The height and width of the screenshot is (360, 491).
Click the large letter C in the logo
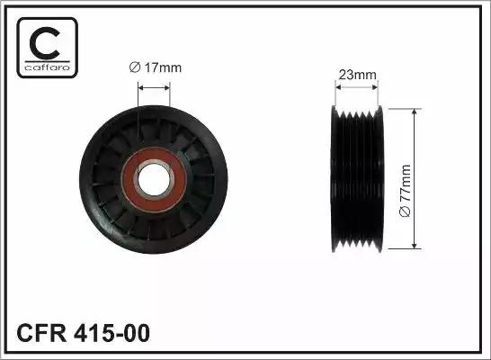pos(43,43)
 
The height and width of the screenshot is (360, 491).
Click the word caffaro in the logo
pos(48,67)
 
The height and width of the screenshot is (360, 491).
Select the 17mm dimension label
pos(156,67)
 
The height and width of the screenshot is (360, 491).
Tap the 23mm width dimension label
pos(357,75)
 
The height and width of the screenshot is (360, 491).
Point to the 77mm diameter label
pos(406,191)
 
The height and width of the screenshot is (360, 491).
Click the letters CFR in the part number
pos(41,333)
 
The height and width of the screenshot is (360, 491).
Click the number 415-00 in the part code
pos(112,333)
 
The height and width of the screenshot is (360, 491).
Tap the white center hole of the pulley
pos(154,179)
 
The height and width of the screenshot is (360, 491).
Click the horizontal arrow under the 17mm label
pos(154,87)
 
